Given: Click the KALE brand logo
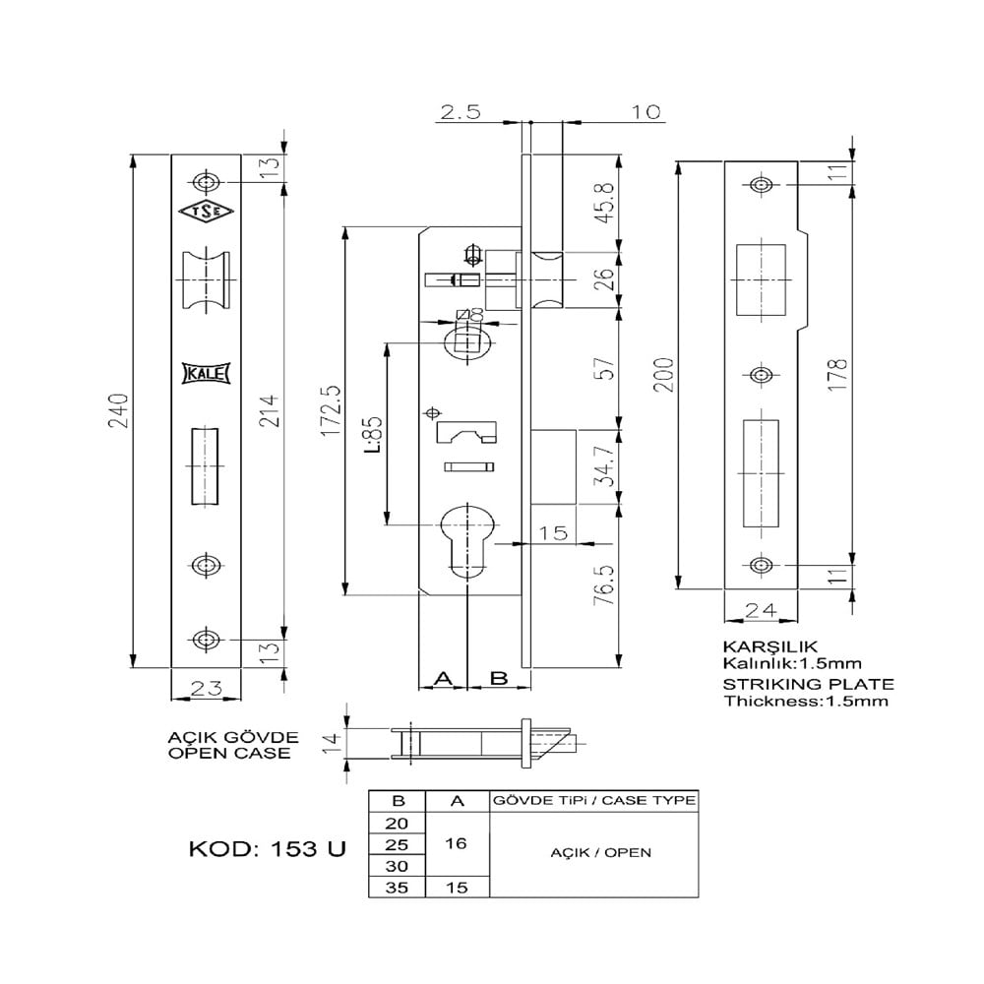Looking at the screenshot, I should click(207, 373).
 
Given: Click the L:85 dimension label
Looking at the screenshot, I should click(373, 433).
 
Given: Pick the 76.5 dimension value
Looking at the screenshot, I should click(608, 585).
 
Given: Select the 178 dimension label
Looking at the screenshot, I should click(838, 374).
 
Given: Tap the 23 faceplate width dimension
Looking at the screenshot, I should click(206, 688).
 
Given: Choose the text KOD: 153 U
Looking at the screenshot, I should click(266, 849).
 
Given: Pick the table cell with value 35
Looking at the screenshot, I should click(397, 887).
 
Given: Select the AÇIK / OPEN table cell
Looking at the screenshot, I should click(593, 852).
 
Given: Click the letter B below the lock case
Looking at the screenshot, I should click(498, 678).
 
